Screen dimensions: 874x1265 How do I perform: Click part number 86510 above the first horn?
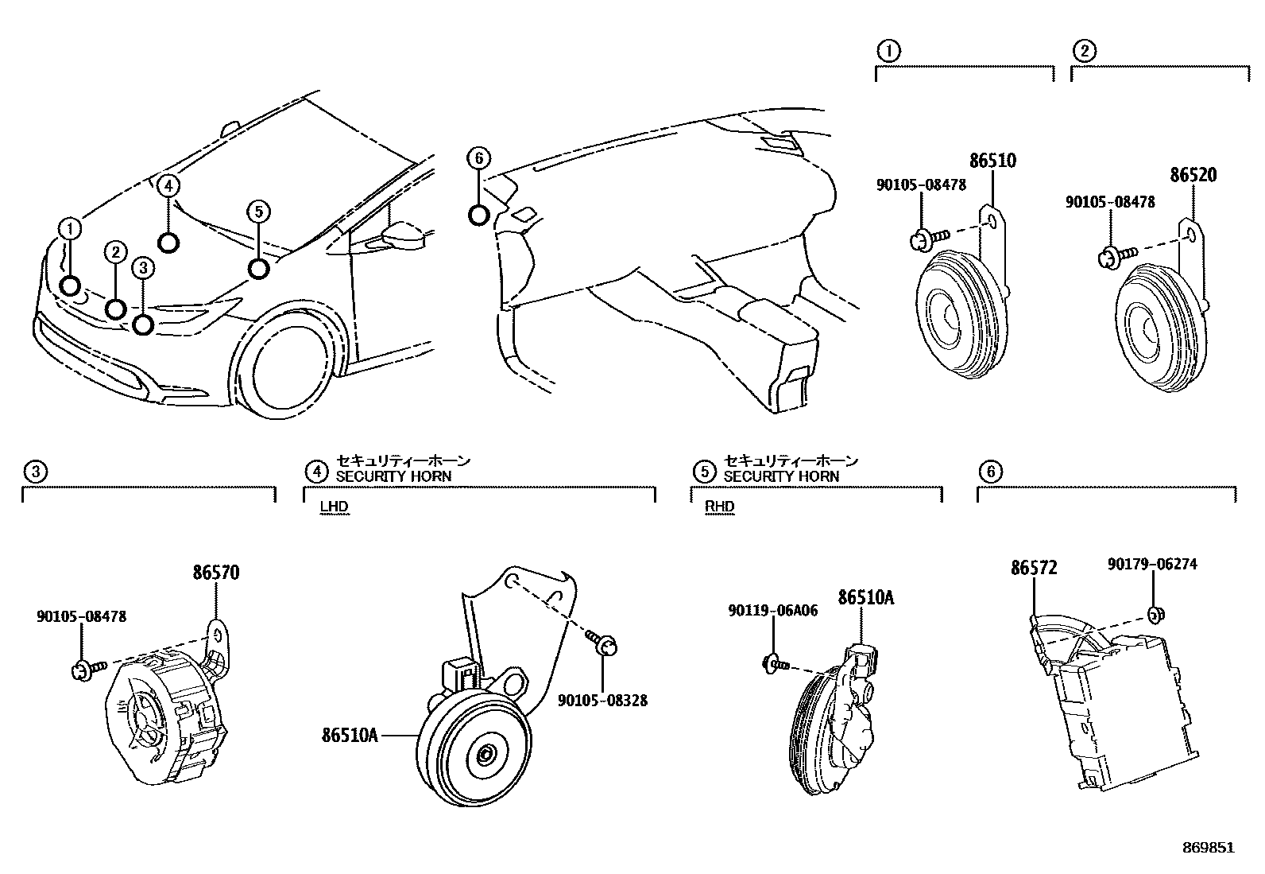click(x=992, y=161)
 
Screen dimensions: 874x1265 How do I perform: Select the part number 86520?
click(x=1193, y=175)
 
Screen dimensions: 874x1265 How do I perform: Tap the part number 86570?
click(x=215, y=573)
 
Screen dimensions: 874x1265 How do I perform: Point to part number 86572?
click(x=1034, y=568)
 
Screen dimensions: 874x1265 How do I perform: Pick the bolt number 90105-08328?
click(x=602, y=700)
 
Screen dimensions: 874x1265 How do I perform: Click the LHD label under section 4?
click(x=334, y=507)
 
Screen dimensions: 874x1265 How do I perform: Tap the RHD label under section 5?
click(x=720, y=507)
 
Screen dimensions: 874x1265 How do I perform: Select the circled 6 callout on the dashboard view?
click(x=478, y=159)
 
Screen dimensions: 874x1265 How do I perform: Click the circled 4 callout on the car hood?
click(x=168, y=186)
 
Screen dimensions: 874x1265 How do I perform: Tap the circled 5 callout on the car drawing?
click(x=258, y=212)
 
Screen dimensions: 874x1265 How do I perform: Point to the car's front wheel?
click(x=290, y=368)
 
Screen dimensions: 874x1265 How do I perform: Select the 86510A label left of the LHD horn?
click(x=350, y=736)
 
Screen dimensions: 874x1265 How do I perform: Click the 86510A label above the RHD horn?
click(x=865, y=597)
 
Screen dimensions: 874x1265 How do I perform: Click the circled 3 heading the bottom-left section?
click(x=35, y=472)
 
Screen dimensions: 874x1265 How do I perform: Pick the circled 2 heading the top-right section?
click(x=1085, y=52)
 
